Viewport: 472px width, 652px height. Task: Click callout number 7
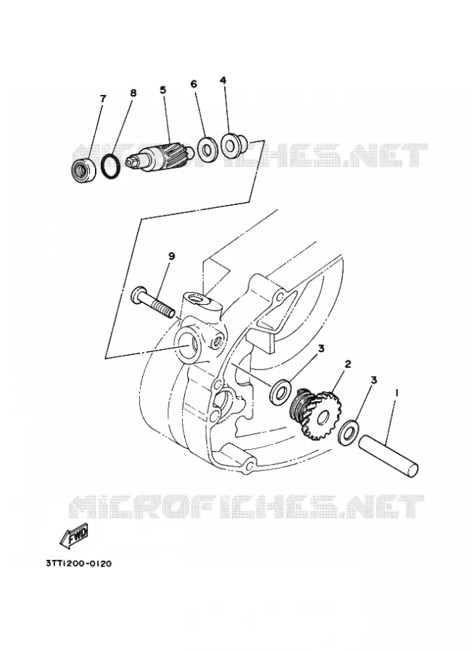103,99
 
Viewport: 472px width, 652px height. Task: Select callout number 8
133,93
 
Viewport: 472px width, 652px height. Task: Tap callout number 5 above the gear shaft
162,89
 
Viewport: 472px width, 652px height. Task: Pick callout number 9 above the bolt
172,256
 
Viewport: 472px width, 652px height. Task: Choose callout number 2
347,364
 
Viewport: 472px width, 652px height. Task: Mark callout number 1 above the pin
397,392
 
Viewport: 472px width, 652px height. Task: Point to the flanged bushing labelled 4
232,144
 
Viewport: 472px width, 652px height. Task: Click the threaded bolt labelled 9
153,304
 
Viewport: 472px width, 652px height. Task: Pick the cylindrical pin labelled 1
388,456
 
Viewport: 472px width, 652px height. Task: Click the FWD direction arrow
74,536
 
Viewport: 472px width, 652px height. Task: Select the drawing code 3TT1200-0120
78,564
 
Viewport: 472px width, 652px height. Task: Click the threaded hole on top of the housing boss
196,298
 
